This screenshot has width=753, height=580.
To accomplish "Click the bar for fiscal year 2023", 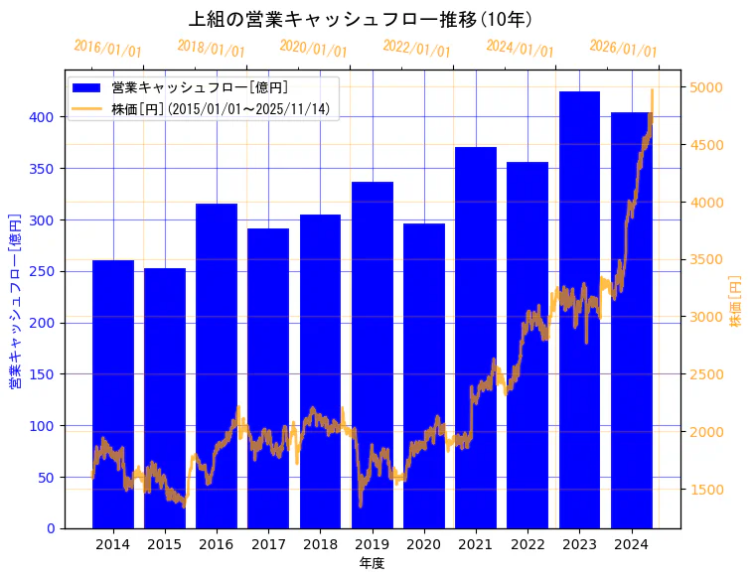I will [579, 309].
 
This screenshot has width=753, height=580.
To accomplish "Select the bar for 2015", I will [165, 397].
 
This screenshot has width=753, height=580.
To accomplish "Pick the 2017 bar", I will [268, 377].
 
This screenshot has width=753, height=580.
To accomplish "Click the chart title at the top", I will [361, 19].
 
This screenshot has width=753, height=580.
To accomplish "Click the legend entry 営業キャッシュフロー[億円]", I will [200, 88].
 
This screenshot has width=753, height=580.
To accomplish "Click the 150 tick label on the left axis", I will [43, 374].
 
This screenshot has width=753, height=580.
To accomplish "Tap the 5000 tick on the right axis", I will [707, 88].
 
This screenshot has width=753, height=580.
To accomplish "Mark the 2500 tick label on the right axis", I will [707, 374].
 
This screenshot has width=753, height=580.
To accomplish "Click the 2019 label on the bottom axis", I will [372, 544].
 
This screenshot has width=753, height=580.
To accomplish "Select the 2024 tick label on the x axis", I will [631, 544].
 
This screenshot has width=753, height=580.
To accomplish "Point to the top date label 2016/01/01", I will [107, 48].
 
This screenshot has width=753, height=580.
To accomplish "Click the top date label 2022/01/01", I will [416, 48].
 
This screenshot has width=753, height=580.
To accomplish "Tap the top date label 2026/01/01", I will [623, 48].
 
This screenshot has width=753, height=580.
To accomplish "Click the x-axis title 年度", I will [372, 563].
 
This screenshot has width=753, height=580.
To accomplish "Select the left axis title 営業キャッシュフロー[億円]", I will [15, 300].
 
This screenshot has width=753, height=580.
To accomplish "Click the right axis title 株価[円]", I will [736, 300].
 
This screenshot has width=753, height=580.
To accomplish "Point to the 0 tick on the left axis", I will [51, 528].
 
